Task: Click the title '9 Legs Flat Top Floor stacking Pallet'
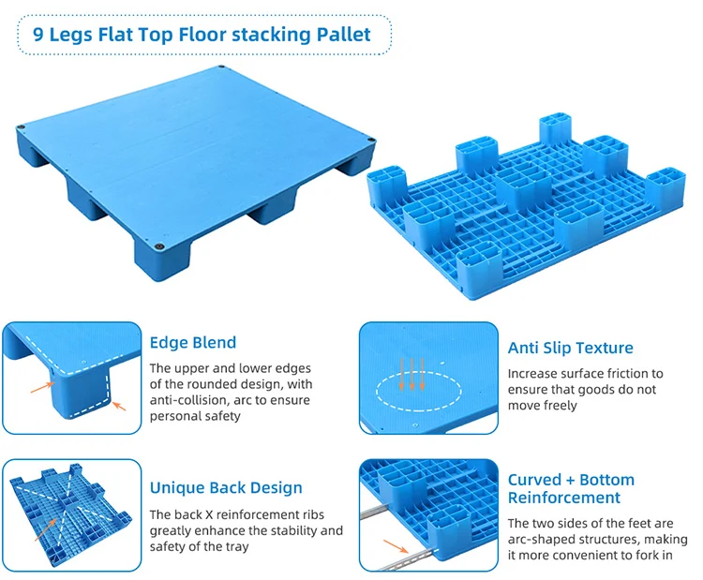pos(202,36)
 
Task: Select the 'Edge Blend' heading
pos(193,342)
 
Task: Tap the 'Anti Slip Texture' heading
pos(570,348)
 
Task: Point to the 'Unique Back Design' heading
pos(226,487)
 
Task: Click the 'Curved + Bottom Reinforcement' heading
pos(571,488)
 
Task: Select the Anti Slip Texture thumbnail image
pos(428,379)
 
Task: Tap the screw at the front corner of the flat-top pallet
pos(160,242)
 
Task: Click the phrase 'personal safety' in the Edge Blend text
pos(195,416)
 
